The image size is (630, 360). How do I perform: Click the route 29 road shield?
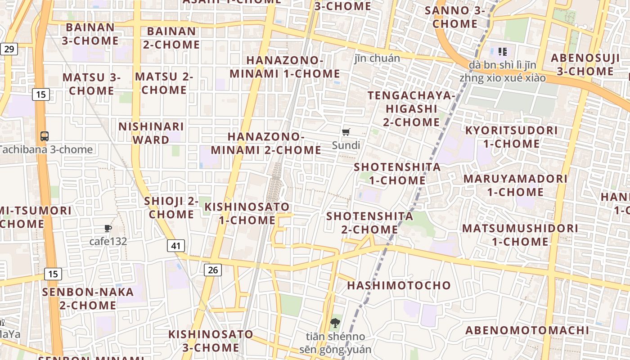click(9, 49)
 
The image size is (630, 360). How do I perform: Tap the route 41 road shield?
click(176, 246)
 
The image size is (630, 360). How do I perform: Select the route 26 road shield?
click(213, 270)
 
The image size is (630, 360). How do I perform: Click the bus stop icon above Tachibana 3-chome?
click(45, 136)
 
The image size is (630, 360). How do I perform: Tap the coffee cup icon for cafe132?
click(108, 229)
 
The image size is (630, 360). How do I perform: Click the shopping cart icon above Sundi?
click(346, 132)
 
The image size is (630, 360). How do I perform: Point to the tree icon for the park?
click(335, 323)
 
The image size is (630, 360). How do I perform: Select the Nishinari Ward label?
click(151, 133)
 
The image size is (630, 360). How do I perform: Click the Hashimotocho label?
click(399, 285)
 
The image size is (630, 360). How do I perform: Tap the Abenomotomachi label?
click(527, 330)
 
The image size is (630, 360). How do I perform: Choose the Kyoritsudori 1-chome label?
click(511, 137)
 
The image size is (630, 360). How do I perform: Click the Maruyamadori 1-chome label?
click(515, 185)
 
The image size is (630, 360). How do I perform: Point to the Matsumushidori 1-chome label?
click(520, 234)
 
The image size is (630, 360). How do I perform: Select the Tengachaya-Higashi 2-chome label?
click(411, 108)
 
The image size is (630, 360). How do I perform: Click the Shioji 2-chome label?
click(171, 208)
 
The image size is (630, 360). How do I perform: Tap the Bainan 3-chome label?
click(90, 34)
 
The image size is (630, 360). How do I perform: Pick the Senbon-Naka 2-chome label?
click(88, 298)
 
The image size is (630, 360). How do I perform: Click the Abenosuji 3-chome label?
click(585, 64)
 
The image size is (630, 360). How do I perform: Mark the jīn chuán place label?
click(377, 58)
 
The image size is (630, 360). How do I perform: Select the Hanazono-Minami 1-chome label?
click(285, 67)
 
